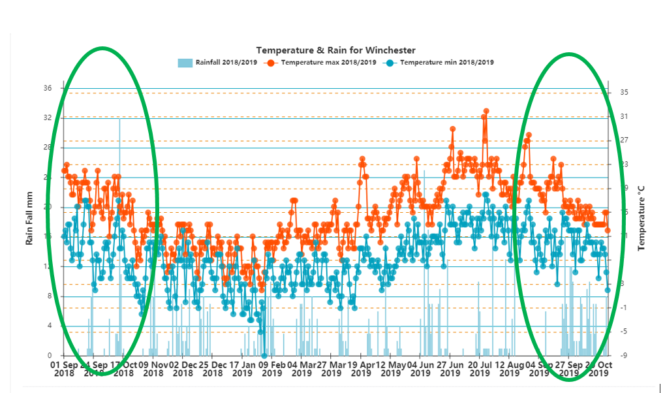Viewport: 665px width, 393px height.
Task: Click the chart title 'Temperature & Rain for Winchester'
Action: click(x=335, y=50)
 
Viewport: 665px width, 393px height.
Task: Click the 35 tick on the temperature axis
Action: click(x=625, y=93)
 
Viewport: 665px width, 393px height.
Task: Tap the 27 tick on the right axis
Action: click(x=625, y=140)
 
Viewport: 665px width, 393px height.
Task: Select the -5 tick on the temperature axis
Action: click(x=625, y=332)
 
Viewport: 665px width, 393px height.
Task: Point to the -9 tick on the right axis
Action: click(x=625, y=356)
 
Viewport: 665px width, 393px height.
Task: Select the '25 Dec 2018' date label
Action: click(x=212, y=369)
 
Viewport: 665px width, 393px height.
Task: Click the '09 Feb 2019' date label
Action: click(x=271, y=369)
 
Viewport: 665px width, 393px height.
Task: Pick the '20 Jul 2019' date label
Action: click(x=480, y=369)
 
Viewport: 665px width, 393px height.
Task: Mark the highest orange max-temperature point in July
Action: click(x=486, y=111)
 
